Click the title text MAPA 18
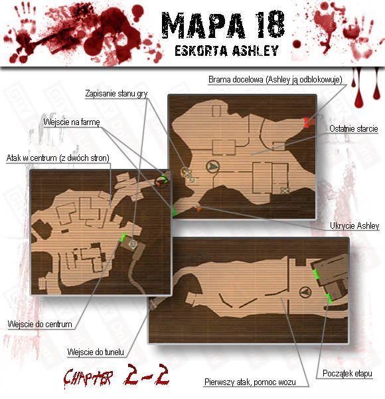[x=223, y=25]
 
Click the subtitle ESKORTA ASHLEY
[x=227, y=51]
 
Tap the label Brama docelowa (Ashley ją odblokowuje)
[x=275, y=80]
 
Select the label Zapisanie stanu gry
[x=116, y=93]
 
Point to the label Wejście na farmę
[x=72, y=122]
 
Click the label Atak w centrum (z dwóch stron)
[x=58, y=158]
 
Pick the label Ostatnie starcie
[x=354, y=128]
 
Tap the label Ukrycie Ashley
[x=354, y=225]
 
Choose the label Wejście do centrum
[x=40, y=325]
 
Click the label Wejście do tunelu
[x=96, y=352]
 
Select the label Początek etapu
[x=347, y=373]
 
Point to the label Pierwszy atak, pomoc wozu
[x=250, y=382]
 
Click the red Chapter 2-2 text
[x=116, y=376]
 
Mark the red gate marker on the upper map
[x=308, y=122]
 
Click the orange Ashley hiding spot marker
[x=199, y=209]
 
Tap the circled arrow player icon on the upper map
[x=213, y=166]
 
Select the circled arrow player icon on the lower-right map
[x=305, y=292]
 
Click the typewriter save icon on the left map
[x=133, y=244]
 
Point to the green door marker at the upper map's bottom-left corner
[x=175, y=211]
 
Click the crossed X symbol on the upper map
[x=285, y=190]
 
